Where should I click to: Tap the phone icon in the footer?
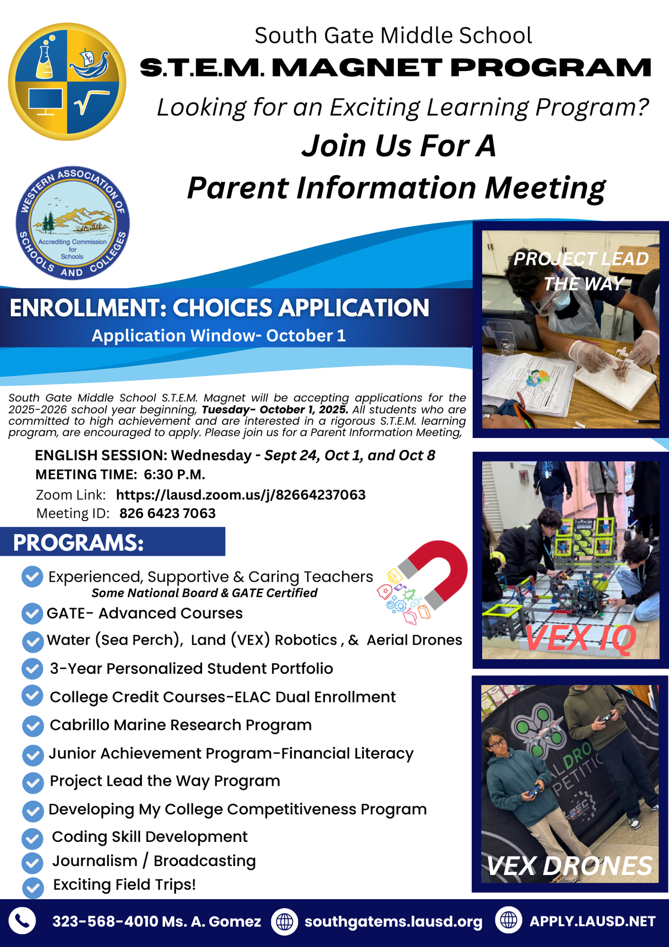tap(22, 921)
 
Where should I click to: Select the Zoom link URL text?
tap(241, 495)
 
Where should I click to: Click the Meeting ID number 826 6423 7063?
tap(168, 513)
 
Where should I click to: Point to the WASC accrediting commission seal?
tap(72, 223)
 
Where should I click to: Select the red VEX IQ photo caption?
tap(580, 638)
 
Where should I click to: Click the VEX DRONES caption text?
tap(569, 866)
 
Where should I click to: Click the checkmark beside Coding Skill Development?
tap(33, 838)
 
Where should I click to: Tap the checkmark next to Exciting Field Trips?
tap(33, 886)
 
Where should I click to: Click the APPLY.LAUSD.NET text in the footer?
tap(592, 921)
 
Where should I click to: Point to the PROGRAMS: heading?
tap(78, 542)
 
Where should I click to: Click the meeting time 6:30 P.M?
tap(175, 474)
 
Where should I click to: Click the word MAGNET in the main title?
tap(356, 68)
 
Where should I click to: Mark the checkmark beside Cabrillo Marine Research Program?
tap(33, 726)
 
